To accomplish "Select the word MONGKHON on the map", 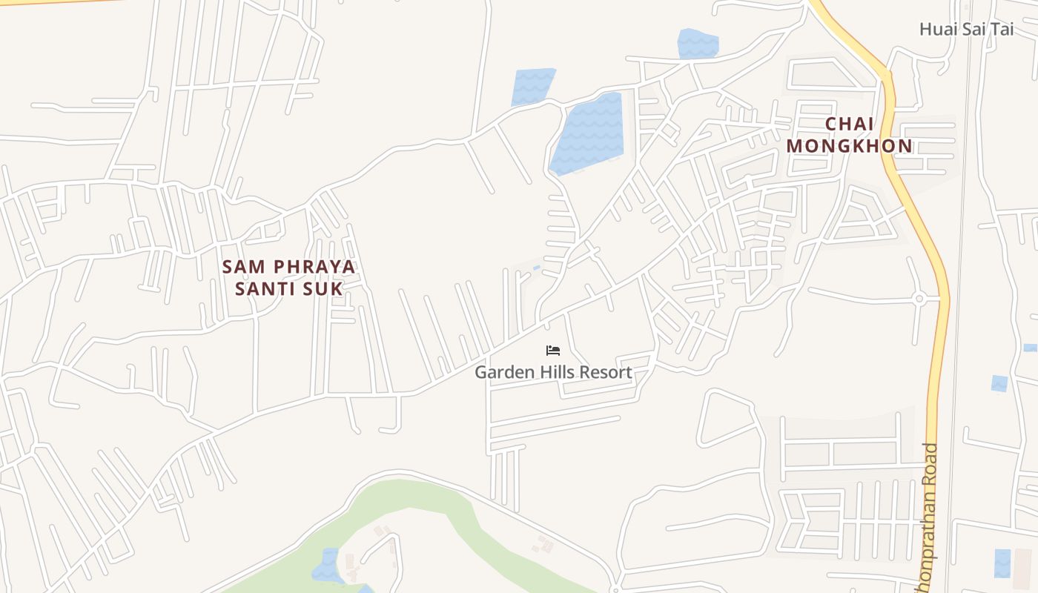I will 850,146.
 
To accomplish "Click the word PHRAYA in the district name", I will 314,266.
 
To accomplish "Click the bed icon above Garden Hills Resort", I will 552,351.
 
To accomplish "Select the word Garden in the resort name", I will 503,372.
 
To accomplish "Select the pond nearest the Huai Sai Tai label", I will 698,44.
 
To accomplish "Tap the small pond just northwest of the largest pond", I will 532,86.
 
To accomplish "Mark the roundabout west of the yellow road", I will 919,299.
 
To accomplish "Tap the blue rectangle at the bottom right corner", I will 1002,563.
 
